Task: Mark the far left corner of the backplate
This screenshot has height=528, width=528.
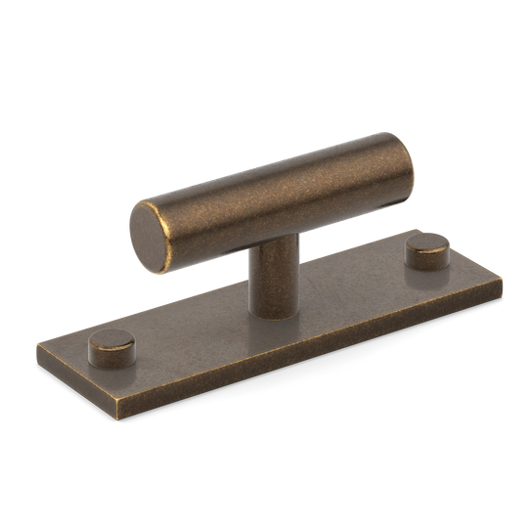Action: click(37, 343)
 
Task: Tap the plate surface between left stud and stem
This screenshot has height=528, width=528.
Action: click(186, 337)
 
